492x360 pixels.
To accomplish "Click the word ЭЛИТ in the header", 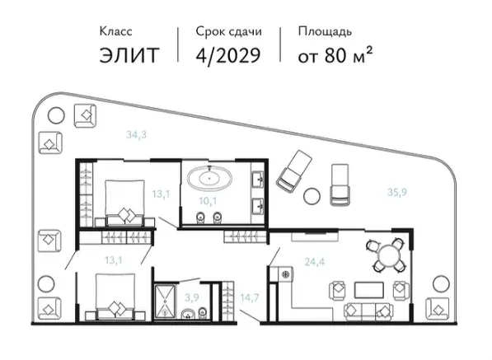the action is click(129, 55).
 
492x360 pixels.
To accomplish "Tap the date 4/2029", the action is click(228, 56).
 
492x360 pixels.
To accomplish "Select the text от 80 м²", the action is click(335, 55).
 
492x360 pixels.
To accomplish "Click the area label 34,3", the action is click(136, 134).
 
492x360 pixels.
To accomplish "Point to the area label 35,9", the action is click(397, 192).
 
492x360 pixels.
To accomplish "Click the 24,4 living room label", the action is click(315, 261).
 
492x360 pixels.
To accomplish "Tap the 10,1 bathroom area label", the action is click(208, 201).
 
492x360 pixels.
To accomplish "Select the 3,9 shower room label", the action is click(191, 297).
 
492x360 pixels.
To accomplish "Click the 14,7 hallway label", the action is click(250, 297).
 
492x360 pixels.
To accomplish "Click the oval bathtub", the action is click(209, 178).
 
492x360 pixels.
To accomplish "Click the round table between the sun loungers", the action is click(312, 196).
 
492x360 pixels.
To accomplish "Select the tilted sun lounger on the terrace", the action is click(294, 171).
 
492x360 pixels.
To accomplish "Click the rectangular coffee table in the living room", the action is click(368, 290).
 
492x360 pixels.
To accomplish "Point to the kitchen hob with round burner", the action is click(285, 274).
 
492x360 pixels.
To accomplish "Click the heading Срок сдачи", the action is click(229, 31).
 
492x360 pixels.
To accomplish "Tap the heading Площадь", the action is click(325, 31).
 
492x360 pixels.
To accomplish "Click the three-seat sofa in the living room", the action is click(368, 311).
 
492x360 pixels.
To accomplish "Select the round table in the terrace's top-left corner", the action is click(56, 115).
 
